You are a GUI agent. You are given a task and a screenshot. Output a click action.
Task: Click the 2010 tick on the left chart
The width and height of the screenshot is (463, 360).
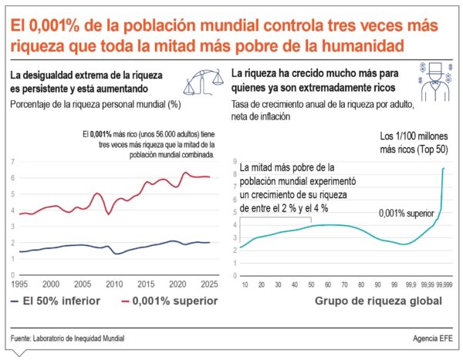click(x=114, y=284)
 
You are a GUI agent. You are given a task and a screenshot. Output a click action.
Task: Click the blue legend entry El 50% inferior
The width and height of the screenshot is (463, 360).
click(x=61, y=301)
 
